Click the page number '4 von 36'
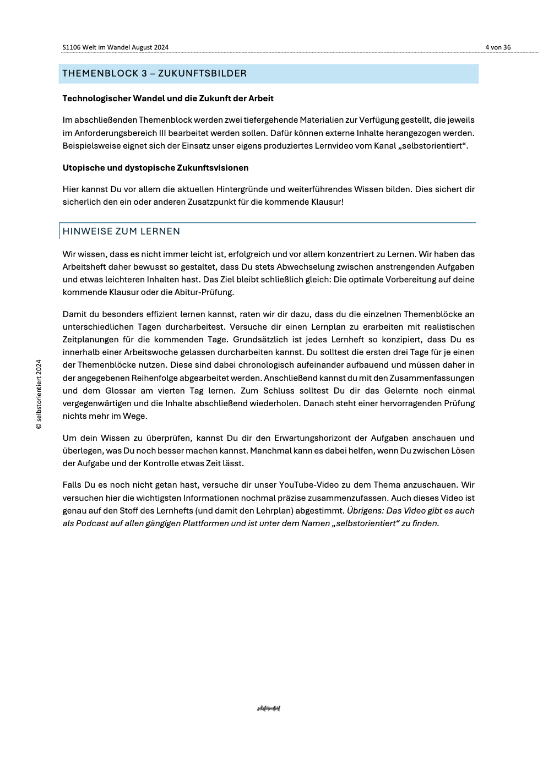pyautogui.click(x=498, y=47)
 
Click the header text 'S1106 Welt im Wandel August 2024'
pyautogui.click(x=116, y=47)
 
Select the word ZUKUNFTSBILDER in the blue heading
pyautogui.click(x=202, y=74)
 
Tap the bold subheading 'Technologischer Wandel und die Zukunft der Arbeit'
pyautogui.click(x=168, y=99)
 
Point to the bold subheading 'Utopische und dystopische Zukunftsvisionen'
pyautogui.click(x=155, y=168)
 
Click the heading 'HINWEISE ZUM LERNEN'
pyautogui.click(x=121, y=231)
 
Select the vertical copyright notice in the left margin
pyautogui.click(x=39, y=394)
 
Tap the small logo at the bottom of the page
pyautogui.click(x=269, y=708)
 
